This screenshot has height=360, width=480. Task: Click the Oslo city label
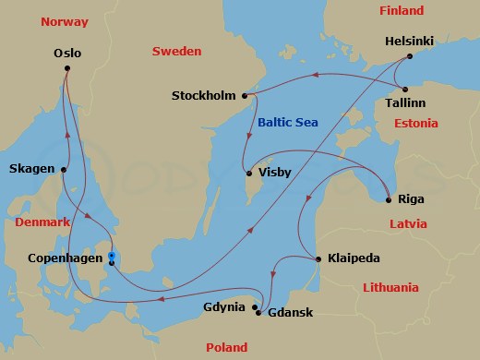pyautogui.click(x=67, y=54)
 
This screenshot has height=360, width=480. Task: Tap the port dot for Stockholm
pyautogui.click(x=245, y=95)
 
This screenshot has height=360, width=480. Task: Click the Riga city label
pyautogui.click(x=411, y=198)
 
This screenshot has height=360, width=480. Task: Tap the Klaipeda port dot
pyautogui.click(x=318, y=258)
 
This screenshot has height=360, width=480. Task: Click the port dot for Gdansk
pyautogui.click(x=258, y=313)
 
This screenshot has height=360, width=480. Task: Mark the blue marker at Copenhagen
pyautogui.click(x=111, y=258)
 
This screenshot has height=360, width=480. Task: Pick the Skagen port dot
pyautogui.click(x=65, y=169)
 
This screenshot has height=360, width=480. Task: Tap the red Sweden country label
pyautogui.click(x=176, y=52)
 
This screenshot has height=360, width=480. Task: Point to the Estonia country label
pyautogui.click(x=415, y=123)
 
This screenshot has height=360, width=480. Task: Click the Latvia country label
pyautogui.click(x=408, y=223)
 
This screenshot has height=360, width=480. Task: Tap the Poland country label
pyautogui.click(x=226, y=347)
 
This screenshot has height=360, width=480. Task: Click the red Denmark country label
pyautogui.click(x=42, y=223)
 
